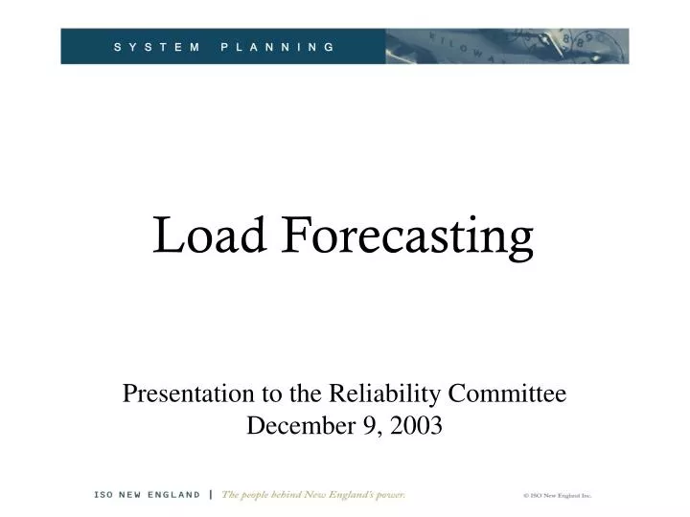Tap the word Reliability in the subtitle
(x=379, y=393)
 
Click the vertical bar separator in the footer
(x=210, y=495)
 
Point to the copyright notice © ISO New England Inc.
(x=558, y=496)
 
